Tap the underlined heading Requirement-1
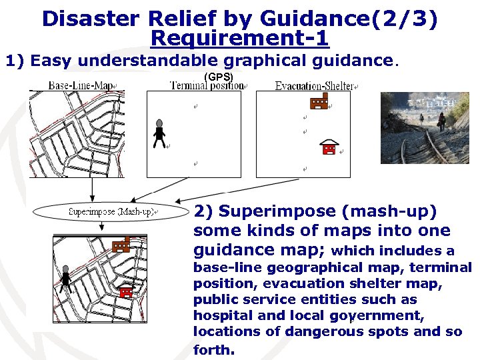240,38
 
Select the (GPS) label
218,77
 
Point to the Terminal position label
207,86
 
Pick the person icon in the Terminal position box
159,133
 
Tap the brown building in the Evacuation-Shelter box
319,101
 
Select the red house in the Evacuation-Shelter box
329,147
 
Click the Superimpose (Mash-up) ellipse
111,212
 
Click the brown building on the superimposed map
121,244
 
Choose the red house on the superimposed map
125,291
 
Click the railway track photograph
425,127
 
